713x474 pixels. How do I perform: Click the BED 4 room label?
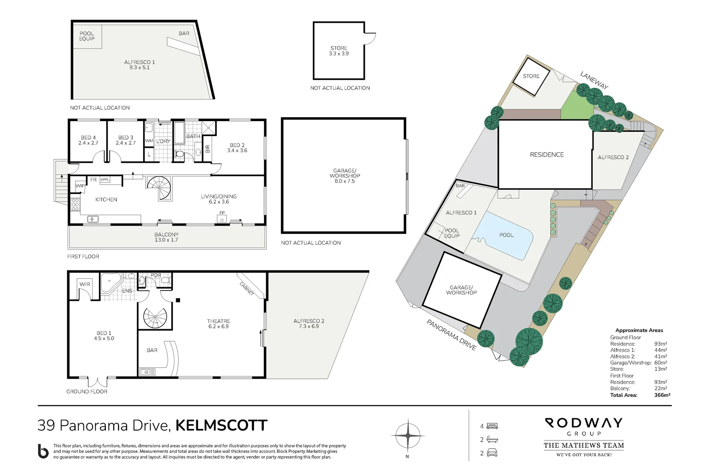pos(88,140)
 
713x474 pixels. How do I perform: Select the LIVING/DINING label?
pos(219,199)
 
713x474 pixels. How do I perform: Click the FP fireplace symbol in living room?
pos(222,218)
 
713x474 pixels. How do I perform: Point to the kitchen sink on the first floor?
pos(93,219)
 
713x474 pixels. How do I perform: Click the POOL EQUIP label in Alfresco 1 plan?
pos(86,36)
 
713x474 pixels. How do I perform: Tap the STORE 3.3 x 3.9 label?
pos(338,51)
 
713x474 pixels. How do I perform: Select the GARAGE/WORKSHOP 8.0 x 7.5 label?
pos(345,176)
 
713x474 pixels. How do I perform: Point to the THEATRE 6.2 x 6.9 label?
pos(218,323)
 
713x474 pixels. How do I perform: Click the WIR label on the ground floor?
pos(85,284)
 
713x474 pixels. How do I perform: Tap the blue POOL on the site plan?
pos(505,236)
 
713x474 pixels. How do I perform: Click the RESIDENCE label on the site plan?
pos(547,154)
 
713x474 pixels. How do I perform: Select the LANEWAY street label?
pos(594,80)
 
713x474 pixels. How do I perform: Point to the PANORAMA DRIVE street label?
pos(451,334)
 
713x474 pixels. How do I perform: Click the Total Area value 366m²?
pos(662,395)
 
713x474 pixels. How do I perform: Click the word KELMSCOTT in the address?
pos(221,425)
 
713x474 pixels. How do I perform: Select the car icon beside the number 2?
pos(492,453)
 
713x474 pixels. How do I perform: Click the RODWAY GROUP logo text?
pos(583,427)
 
